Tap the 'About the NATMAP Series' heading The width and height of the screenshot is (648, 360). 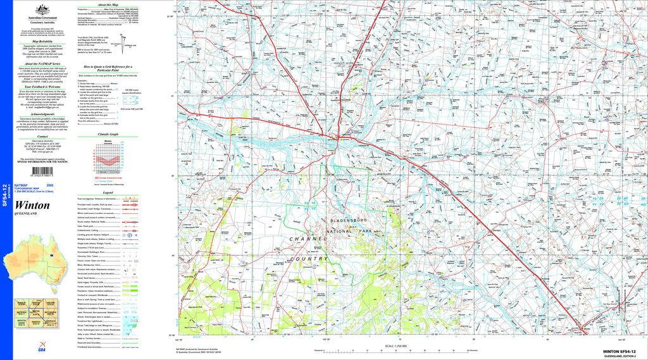(42, 64)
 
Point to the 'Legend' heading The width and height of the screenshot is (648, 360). (108, 192)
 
